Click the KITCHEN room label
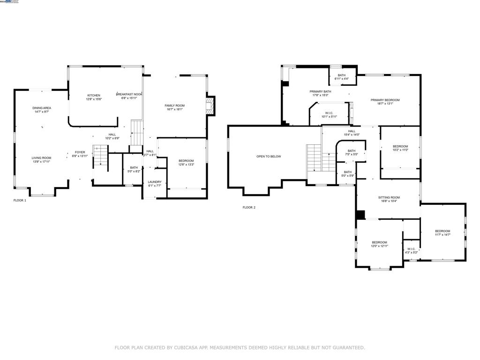(x=93, y=95)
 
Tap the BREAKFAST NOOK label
(x=129, y=94)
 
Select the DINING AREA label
(x=42, y=108)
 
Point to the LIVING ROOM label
(x=41, y=158)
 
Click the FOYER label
(x=80, y=152)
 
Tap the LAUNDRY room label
(x=155, y=182)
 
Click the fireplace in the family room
(x=212, y=105)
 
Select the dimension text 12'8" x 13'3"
(x=186, y=165)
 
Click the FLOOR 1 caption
(x=20, y=200)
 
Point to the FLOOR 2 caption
(x=249, y=207)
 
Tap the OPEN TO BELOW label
(x=269, y=156)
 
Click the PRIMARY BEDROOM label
(x=385, y=100)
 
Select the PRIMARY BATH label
(x=320, y=91)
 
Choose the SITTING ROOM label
(x=389, y=197)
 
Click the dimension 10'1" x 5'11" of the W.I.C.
(x=329, y=117)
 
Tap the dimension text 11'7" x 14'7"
(x=442, y=235)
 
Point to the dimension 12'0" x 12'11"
(x=380, y=246)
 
